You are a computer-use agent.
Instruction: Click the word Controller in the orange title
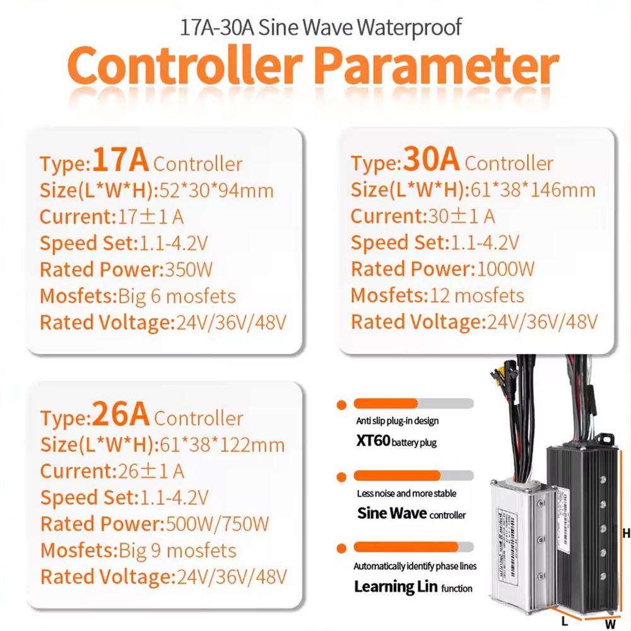(185, 65)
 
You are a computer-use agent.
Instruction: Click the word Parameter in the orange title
(437, 65)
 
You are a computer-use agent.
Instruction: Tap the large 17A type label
(121, 160)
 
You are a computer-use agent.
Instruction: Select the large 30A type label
(432, 159)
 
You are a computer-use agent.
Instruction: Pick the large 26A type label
(121, 414)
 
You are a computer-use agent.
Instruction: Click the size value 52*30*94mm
(216, 191)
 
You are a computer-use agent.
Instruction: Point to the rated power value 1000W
(505, 269)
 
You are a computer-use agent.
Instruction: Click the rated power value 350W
(188, 269)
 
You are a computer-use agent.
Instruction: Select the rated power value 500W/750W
(217, 524)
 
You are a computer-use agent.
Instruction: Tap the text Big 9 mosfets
(177, 551)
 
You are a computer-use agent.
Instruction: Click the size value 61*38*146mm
(533, 190)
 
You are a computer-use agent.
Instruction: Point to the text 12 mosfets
(477, 296)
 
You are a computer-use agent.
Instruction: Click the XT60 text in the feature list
(373, 441)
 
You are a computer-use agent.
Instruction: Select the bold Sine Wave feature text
(392, 513)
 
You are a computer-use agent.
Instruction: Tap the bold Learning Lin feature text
(396, 587)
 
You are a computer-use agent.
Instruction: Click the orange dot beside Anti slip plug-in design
(341, 405)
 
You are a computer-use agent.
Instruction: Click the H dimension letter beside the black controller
(626, 534)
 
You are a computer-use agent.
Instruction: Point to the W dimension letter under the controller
(610, 624)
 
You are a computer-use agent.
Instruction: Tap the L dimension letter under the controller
(565, 622)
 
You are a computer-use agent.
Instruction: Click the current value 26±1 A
(151, 471)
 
